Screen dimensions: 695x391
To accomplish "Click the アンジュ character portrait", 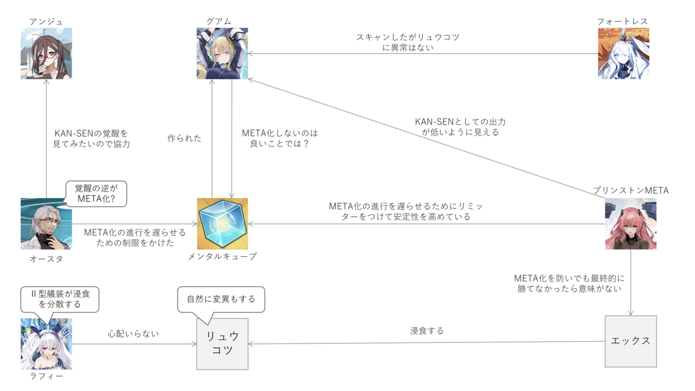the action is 46,53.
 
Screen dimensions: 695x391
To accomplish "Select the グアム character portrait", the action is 222,53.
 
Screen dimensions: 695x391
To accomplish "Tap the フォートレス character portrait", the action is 623,53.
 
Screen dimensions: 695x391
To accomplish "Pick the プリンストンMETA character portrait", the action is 631,224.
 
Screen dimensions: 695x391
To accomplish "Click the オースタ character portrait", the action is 46,224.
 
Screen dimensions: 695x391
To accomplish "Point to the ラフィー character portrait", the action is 46,344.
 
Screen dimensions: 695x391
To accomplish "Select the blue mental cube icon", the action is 222,224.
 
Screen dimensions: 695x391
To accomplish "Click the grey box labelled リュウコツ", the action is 222,344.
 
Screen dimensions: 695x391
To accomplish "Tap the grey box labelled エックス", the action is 631,341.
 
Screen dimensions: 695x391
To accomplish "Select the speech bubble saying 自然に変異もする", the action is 221,299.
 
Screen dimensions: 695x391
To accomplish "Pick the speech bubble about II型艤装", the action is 60,299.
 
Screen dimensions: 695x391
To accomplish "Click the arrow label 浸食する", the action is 427,331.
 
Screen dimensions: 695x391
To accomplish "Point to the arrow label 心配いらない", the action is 133,334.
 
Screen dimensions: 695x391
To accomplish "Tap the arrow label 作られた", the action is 185,138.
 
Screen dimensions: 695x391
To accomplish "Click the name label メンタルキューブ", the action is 222,257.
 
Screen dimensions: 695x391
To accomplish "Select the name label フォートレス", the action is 623,21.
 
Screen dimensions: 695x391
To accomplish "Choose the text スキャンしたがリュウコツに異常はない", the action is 408,42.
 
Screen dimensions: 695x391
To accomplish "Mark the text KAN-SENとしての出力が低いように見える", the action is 460,127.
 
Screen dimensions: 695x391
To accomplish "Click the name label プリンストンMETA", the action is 631,191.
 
